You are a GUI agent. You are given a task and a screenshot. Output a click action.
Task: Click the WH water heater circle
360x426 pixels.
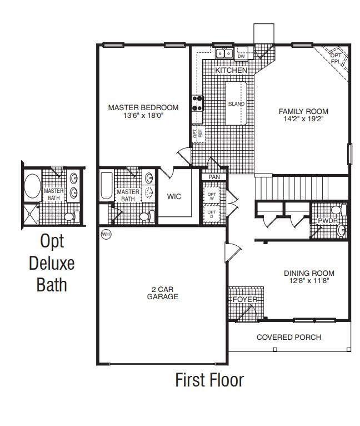(x=106, y=234)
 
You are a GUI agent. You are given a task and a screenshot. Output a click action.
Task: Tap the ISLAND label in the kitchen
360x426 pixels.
(x=236, y=104)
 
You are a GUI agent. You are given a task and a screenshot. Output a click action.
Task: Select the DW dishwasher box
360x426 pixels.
(x=241, y=56)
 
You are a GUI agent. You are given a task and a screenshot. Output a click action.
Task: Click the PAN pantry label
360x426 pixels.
(x=213, y=177)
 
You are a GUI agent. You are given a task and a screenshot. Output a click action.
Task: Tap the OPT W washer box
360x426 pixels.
(x=211, y=195)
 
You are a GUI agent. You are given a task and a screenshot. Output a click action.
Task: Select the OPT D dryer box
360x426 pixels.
(x=211, y=214)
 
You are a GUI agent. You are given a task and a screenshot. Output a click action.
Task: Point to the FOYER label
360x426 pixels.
(x=245, y=300)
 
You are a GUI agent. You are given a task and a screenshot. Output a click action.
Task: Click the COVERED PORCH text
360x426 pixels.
(x=288, y=338)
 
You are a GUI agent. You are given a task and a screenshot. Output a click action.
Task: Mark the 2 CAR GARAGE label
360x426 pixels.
(x=162, y=293)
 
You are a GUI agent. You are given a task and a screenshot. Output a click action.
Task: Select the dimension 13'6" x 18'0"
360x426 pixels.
(x=143, y=116)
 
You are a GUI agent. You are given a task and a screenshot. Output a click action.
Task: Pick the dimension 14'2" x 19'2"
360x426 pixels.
(x=303, y=118)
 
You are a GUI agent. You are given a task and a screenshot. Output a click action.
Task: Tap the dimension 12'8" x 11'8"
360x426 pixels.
(x=309, y=281)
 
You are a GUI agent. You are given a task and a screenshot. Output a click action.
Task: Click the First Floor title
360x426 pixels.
(x=209, y=380)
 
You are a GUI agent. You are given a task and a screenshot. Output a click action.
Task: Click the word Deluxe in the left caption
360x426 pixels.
(x=51, y=263)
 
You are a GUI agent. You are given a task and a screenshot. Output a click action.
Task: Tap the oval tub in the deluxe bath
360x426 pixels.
(x=32, y=186)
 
